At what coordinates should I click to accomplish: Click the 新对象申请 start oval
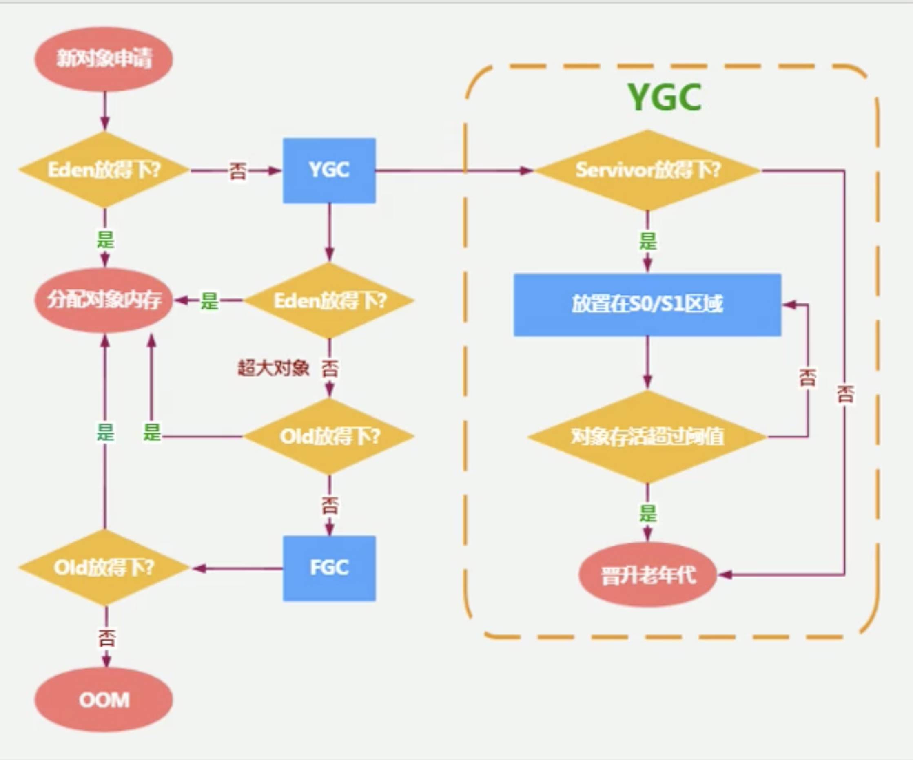tap(104, 59)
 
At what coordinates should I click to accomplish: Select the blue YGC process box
tap(329, 170)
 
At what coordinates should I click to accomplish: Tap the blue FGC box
tap(329, 568)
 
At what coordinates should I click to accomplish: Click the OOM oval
tap(104, 700)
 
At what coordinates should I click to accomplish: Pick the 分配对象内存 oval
tap(104, 300)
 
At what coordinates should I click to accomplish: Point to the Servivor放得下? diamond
tap(647, 170)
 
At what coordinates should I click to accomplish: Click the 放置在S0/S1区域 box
tap(647, 305)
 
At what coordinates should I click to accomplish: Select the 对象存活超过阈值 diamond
tap(647, 437)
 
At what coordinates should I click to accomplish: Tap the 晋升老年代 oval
tap(647, 575)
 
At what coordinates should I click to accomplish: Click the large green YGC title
tap(665, 97)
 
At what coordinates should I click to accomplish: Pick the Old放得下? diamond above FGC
tap(329, 437)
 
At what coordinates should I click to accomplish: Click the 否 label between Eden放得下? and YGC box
tap(237, 171)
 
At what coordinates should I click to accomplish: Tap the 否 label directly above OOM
tap(106, 638)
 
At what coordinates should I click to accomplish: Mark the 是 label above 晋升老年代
tap(647, 513)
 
